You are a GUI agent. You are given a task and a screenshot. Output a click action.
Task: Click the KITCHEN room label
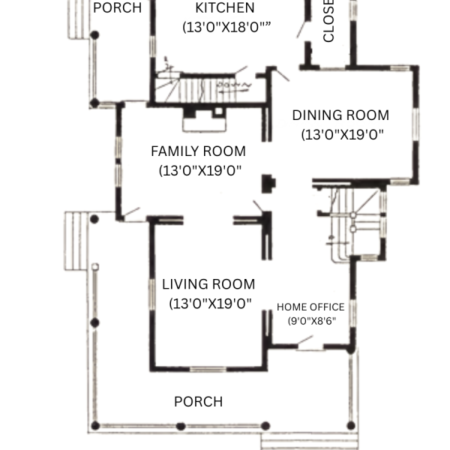pos(225,7)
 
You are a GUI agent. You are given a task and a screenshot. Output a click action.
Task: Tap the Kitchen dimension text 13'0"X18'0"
pos(226,27)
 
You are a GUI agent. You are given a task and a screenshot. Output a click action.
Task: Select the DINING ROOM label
pos(340,115)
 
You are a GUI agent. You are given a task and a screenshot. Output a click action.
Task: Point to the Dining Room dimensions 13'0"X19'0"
pos(343,134)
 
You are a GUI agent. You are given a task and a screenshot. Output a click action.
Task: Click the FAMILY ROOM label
pos(198,151)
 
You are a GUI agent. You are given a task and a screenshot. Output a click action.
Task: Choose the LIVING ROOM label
pos(208,284)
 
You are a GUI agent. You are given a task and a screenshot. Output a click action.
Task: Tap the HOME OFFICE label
pos(310,307)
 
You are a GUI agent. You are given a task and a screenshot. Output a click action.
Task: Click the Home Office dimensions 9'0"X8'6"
pos(312,320)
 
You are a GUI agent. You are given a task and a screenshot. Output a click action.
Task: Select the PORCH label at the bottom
pos(198,401)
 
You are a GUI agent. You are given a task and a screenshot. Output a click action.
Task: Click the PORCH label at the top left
pos(118,7)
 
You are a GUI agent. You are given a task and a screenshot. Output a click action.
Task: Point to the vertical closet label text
pos(328,21)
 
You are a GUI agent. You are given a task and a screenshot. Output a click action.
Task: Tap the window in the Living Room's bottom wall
pos(208,369)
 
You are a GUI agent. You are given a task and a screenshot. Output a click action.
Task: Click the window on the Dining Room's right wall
pos(415,124)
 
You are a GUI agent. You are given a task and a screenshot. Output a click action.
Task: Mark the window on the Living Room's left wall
pos(152,294)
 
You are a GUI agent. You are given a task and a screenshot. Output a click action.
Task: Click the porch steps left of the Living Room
pos(76,241)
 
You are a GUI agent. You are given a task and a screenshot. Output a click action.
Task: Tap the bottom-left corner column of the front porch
pos(95,425)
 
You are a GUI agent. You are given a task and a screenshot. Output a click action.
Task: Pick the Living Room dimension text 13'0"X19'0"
pos(210,303)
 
